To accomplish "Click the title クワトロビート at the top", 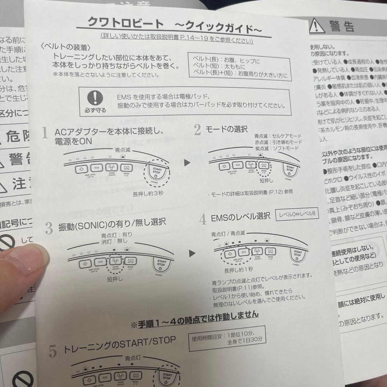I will pyautogui.click(x=125, y=24).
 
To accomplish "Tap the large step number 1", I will pyautogui.click(x=45, y=132).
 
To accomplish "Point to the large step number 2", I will pyautogui.click(x=197, y=129).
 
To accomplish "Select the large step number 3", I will pyautogui.click(x=49, y=228).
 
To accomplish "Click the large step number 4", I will pyautogui.click(x=203, y=219).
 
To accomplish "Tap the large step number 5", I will pyautogui.click(x=53, y=351).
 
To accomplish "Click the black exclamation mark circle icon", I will pyautogui.click(x=95, y=98).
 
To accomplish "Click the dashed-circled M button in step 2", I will pyautogui.click(x=264, y=165).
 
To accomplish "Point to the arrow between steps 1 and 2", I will pyautogui.click(x=187, y=163).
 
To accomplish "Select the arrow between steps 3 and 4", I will pyautogui.click(x=193, y=254).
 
